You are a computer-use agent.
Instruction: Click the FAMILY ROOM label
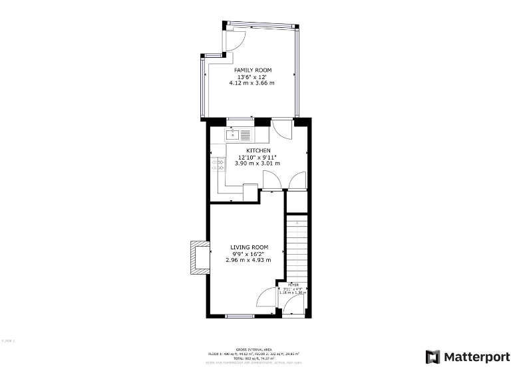click(252, 70)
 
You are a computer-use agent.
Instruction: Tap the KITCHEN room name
click(258, 150)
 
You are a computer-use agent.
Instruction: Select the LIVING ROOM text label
click(250, 247)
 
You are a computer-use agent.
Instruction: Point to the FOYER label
click(293, 284)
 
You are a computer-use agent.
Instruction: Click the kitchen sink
click(233, 135)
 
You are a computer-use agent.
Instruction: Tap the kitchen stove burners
click(218, 164)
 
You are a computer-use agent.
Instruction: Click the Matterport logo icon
click(432, 356)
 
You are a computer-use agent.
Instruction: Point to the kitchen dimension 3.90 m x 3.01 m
click(258, 164)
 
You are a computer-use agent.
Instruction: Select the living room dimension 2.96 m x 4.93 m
click(250, 260)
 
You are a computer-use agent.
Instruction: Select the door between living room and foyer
click(267, 297)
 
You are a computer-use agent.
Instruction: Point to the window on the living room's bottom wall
click(241, 315)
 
